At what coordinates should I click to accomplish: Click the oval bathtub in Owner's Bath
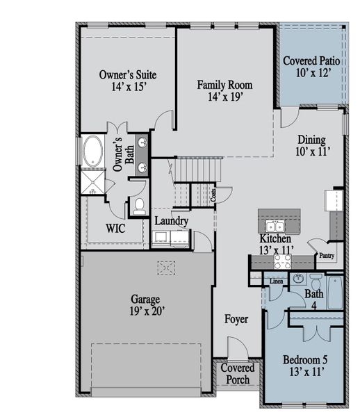click(x=92, y=151)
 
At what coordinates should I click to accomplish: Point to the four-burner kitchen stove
click(x=282, y=261)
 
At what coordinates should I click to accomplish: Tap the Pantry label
click(x=326, y=256)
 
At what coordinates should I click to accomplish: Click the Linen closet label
click(x=276, y=281)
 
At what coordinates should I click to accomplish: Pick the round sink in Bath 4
click(x=299, y=279)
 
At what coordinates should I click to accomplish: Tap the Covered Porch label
click(x=238, y=374)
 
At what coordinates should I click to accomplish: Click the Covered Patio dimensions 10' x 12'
click(x=311, y=72)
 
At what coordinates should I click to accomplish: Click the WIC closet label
click(x=115, y=227)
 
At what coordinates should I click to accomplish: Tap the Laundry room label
click(x=171, y=221)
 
